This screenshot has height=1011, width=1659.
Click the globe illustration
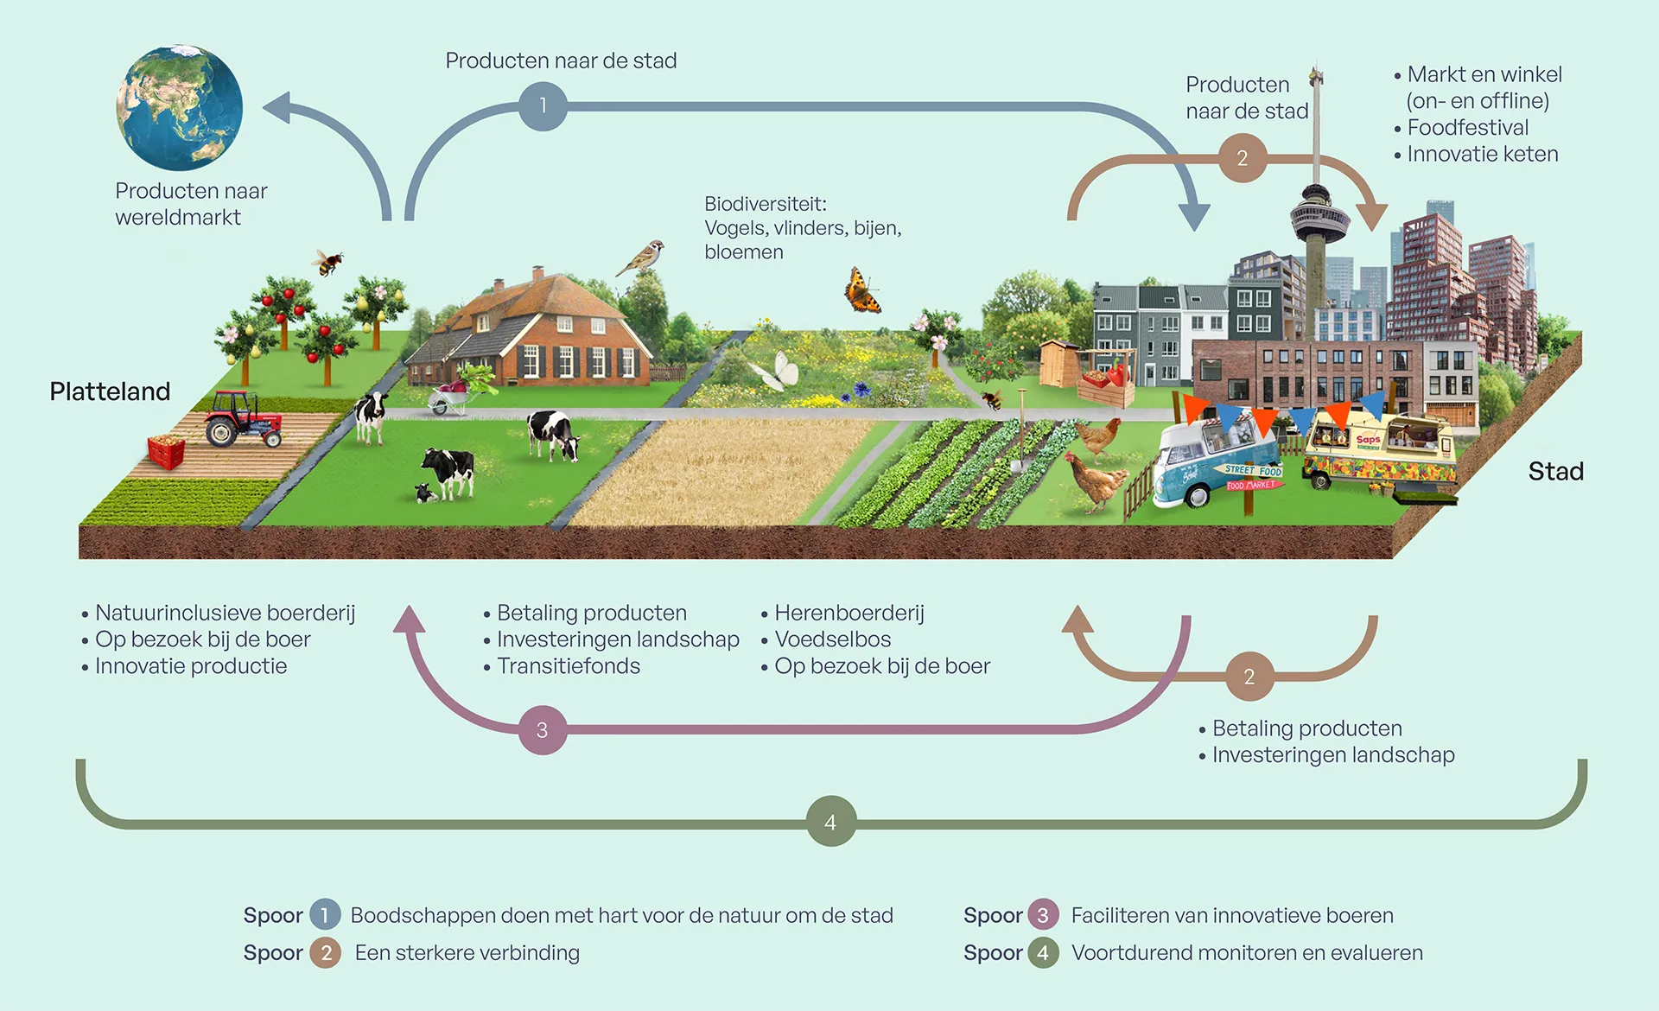[180, 107]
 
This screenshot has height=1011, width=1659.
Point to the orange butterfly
[861, 291]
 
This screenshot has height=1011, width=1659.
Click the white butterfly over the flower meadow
[777, 372]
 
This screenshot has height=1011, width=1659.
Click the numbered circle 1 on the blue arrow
[543, 106]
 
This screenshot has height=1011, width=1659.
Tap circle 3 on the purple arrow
[542, 730]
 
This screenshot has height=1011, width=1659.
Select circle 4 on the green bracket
[830, 822]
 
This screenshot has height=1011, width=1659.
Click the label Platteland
[110, 391]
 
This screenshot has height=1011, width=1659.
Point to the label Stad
[1555, 471]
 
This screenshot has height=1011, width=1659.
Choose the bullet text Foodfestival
[1467, 127]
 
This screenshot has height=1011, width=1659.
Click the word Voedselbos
[832, 639]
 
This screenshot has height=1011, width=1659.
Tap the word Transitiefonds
[569, 666]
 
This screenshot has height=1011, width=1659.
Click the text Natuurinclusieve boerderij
[225, 613]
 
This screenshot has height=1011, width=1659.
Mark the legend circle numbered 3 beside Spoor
[1043, 915]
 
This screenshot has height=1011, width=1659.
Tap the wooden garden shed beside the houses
[1058, 362]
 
